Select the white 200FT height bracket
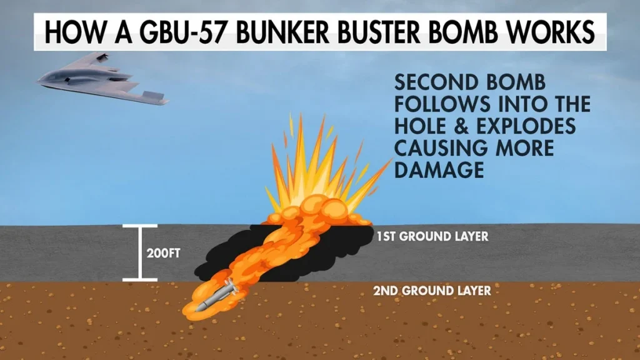[x=139, y=252]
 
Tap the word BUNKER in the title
[x=281, y=32]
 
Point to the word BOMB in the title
[x=476, y=32]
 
